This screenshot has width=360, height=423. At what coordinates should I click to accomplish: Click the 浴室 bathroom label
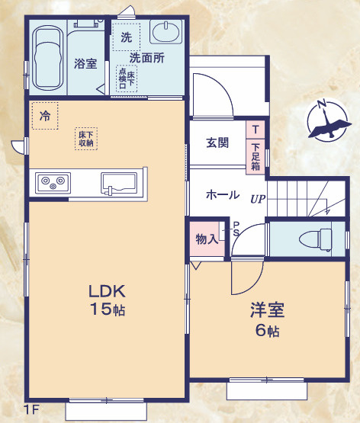pos(85,63)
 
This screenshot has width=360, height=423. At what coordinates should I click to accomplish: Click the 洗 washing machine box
pos(126,37)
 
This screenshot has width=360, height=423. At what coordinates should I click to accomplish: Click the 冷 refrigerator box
pos(45,117)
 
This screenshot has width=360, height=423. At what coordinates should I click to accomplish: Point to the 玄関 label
pos(217,143)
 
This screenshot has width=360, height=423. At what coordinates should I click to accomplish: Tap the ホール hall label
pos(223,194)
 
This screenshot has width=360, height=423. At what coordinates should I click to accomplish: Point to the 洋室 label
pos(267,310)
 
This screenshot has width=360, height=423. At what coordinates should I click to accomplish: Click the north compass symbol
pos(326,121)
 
